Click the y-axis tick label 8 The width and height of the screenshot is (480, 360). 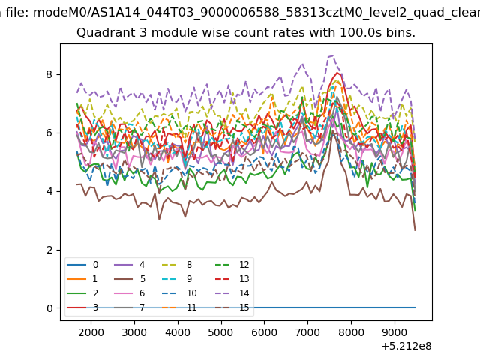click(x=49, y=74)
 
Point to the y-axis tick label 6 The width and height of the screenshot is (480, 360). click(x=49, y=133)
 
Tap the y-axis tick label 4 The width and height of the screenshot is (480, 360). click(x=49, y=191)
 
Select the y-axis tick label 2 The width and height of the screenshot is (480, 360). click(x=49, y=250)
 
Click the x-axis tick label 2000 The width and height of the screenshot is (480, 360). click(x=91, y=332)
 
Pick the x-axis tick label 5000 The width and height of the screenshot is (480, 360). click(x=221, y=332)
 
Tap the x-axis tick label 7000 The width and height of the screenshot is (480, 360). click(x=307, y=332)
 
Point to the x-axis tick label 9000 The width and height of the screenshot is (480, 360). click(x=394, y=332)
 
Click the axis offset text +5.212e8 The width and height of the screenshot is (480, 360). click(x=406, y=346)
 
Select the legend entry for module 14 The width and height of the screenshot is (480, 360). click(x=232, y=293)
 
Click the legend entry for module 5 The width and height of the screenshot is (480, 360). click(x=130, y=279)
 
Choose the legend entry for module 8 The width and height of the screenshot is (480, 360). click(x=177, y=265)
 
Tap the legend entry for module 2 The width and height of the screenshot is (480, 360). click(x=82, y=293)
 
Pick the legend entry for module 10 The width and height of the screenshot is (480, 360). click(x=179, y=293)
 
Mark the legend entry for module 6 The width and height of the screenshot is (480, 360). click(x=130, y=293)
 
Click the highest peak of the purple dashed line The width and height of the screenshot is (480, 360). click(x=333, y=55)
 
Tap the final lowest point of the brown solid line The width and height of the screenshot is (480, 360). click(x=415, y=230)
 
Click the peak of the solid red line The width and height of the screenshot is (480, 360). click(x=337, y=73)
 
